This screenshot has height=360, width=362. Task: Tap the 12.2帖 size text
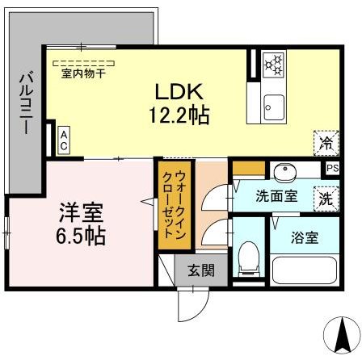(x=178, y=115)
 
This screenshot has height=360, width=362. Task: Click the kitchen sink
(x=273, y=106)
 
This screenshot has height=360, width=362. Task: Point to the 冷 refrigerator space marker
(x=325, y=144)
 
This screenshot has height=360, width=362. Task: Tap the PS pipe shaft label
(x=332, y=168)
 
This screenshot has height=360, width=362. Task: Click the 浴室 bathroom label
(x=304, y=238)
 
